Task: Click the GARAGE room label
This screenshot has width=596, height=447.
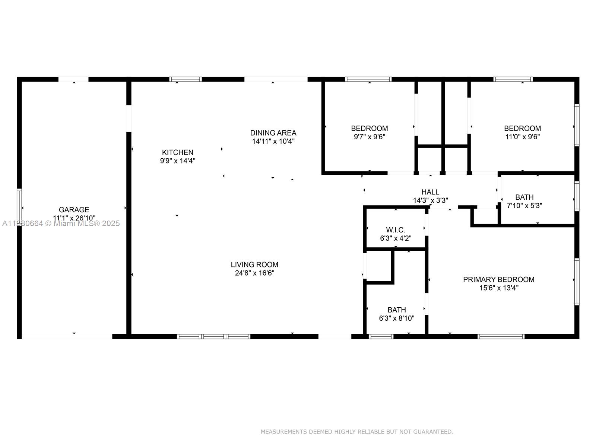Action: click(74, 210)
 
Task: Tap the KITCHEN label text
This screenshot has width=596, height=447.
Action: click(177, 152)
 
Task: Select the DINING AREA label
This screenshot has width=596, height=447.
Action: click(273, 133)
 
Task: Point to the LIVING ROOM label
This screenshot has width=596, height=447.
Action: click(254, 264)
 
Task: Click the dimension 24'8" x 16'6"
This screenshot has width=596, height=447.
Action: click(254, 273)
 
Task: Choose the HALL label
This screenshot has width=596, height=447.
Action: click(430, 192)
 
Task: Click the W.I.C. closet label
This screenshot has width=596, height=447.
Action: click(396, 230)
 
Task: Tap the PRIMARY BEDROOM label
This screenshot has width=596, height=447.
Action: click(498, 279)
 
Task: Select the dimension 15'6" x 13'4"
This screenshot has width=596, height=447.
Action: click(498, 288)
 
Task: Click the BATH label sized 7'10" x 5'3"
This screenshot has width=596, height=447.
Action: click(524, 197)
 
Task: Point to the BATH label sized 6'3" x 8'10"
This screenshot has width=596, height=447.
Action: click(396, 310)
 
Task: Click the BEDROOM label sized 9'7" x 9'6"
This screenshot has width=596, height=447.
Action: click(369, 129)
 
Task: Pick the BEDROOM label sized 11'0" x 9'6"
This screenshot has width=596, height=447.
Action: click(522, 129)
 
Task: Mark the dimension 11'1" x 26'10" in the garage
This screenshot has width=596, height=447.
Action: click(74, 218)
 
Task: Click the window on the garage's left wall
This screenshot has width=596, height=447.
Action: click(19, 207)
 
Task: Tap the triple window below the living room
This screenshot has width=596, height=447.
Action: click(213, 336)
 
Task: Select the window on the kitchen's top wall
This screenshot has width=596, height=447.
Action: click(186, 79)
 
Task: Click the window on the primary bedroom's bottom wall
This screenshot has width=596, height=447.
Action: click(501, 336)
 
